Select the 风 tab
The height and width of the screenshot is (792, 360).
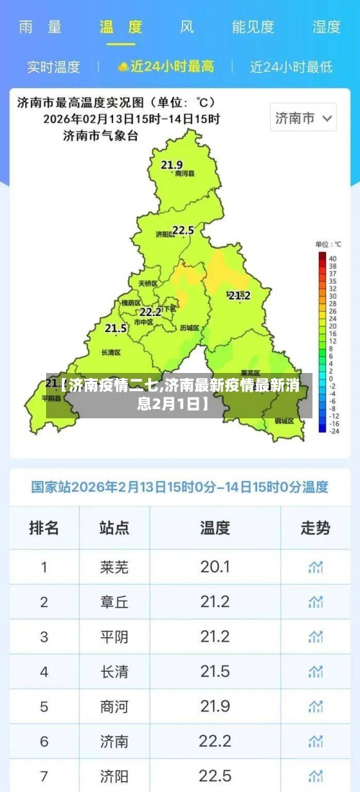pos(186,27)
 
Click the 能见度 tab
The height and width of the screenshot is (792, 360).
pos(253,27)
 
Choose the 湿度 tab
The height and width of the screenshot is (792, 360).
pos(326,27)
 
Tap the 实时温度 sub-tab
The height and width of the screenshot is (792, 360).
pos(53,67)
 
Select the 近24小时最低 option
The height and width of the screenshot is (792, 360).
pos(291,67)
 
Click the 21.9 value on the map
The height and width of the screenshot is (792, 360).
pos(171,165)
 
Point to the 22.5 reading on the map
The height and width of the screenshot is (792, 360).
pos(183,230)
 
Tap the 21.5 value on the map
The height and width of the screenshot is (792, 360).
pos(116,328)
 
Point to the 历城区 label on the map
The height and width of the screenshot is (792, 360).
pos(189,328)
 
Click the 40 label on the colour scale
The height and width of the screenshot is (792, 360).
pos(333,258)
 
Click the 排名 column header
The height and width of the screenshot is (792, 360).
pos(44,528)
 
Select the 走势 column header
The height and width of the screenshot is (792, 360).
pos(315,528)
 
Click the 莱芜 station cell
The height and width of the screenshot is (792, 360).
pos(114,567)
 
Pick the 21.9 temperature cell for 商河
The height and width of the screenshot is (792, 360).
pos(215,706)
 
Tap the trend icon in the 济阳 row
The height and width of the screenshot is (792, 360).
pos(315,775)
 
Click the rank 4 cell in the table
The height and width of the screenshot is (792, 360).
pos(44,672)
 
